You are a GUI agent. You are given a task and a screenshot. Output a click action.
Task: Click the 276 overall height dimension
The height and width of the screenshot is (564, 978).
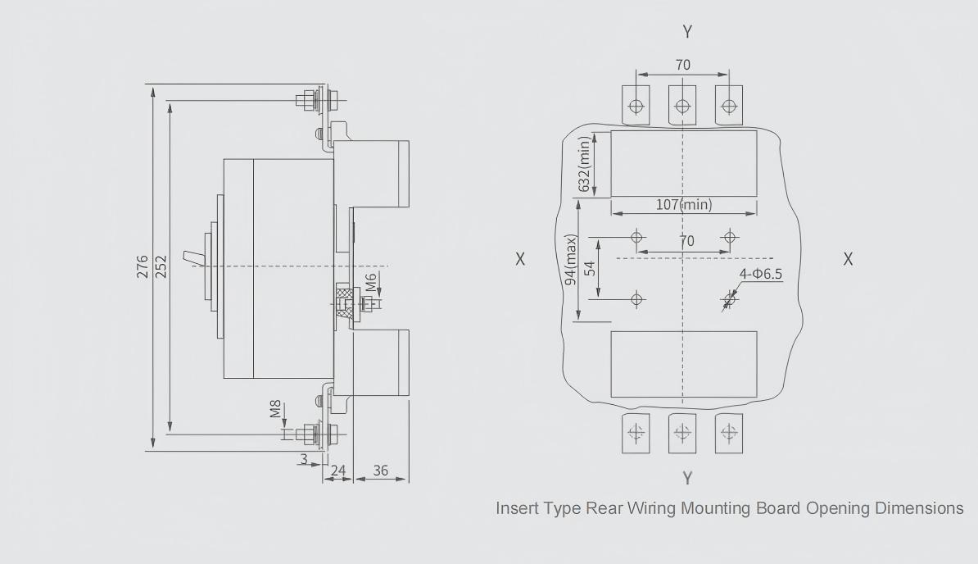(143, 267)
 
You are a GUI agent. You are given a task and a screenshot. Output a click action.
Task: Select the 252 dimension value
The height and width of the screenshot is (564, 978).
(161, 267)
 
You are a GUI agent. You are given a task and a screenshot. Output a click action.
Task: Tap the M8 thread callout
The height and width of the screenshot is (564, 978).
(276, 408)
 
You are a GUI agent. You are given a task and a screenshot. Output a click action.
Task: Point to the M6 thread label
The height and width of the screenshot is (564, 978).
(371, 283)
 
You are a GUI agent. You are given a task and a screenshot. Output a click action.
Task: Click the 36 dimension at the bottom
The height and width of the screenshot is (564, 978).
(381, 471)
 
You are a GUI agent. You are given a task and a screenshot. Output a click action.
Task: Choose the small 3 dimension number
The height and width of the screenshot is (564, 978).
(304, 460)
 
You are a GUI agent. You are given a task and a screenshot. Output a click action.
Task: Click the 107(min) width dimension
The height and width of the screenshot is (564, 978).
(684, 204)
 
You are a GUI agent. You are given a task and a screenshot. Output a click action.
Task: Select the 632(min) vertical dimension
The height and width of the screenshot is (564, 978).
(585, 165)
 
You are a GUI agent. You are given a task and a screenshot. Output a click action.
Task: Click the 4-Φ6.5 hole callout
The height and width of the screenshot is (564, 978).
(761, 274)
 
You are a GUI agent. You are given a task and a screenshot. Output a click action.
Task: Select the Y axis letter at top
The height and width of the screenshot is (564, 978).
(687, 32)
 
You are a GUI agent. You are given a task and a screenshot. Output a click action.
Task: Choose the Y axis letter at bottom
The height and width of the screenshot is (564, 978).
(687, 478)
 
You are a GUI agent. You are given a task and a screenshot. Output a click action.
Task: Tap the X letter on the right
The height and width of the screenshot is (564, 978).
(848, 259)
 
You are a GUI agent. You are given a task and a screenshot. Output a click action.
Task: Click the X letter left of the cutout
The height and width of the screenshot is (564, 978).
(520, 259)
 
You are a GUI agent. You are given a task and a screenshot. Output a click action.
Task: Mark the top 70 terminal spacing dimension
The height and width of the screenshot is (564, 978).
(682, 64)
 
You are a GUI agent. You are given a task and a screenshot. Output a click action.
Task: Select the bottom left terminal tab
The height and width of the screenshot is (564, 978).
(636, 432)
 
